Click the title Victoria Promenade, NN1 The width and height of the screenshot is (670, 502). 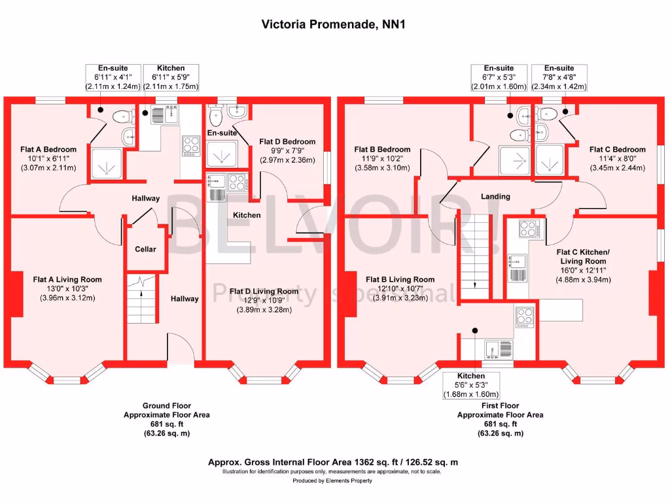(334, 25)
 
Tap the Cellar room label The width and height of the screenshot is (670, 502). (145, 249)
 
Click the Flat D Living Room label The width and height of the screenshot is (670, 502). (264, 292)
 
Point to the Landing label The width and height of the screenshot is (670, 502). (495, 197)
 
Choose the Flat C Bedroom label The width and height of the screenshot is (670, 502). (617, 150)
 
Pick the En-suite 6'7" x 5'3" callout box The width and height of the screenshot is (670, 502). (499, 77)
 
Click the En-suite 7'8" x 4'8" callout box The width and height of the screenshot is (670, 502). (559, 77)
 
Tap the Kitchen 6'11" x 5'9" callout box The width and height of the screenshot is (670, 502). (170, 77)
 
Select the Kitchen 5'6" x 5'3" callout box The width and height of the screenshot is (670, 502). (471, 385)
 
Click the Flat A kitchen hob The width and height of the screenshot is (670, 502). (190, 145)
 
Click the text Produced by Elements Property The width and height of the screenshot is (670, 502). (332, 480)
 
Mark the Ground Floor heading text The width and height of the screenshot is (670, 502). (166, 405)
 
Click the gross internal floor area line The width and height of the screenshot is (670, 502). (332, 462)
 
